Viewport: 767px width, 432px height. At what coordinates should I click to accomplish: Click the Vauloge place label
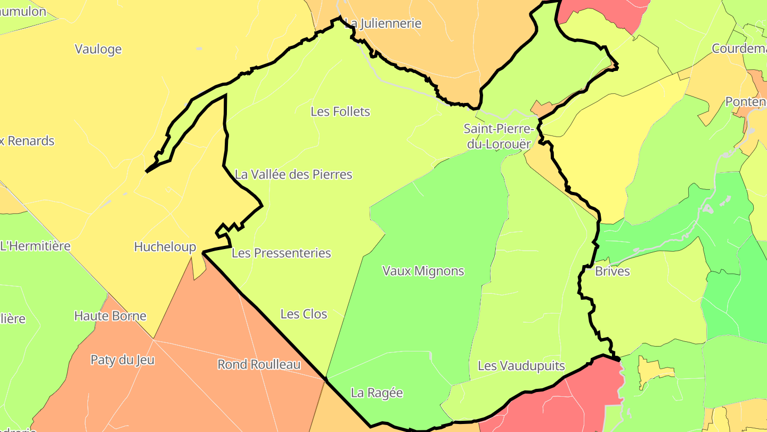(x=98, y=49)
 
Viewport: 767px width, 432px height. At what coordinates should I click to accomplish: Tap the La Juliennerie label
(x=383, y=23)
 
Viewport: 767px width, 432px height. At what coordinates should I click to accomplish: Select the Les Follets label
(x=340, y=111)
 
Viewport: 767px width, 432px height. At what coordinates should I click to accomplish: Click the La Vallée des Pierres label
(x=293, y=174)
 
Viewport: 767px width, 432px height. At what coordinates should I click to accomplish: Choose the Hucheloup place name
(x=165, y=247)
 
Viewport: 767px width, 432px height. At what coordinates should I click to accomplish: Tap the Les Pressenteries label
(x=281, y=253)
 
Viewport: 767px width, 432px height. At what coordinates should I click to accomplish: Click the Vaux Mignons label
(x=423, y=271)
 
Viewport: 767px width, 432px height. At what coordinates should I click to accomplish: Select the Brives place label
(x=612, y=271)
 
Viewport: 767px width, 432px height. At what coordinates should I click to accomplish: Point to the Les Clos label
(x=304, y=314)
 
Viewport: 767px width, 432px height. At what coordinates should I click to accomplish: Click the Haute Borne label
(x=110, y=316)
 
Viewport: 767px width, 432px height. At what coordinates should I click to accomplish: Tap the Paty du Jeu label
(x=123, y=360)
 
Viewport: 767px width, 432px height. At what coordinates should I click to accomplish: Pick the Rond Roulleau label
(x=259, y=365)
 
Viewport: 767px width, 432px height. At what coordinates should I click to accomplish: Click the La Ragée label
(x=377, y=393)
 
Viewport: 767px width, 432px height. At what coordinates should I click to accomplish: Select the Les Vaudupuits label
(x=521, y=366)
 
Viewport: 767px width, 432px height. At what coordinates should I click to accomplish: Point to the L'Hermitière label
(x=35, y=246)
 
